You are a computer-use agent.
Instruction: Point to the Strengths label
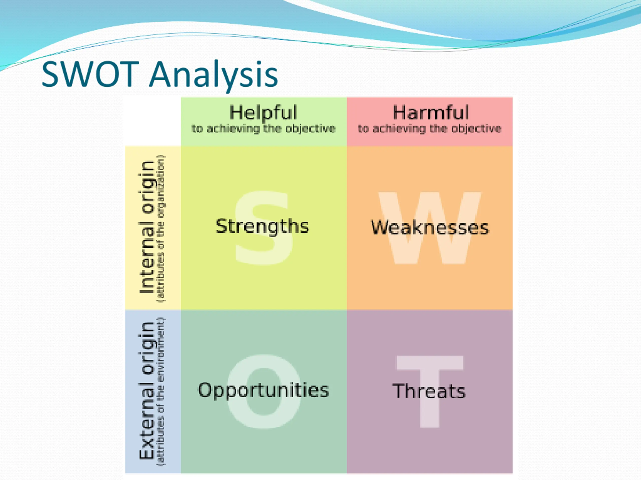(262, 226)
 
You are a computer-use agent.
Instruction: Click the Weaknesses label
(430, 227)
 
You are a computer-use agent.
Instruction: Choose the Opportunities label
(263, 390)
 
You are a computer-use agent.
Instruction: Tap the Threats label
(429, 391)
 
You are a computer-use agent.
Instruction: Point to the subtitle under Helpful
(263, 129)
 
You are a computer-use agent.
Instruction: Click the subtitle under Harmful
(429, 129)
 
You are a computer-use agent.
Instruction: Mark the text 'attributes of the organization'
(161, 228)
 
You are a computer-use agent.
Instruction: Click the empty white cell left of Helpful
(153, 121)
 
